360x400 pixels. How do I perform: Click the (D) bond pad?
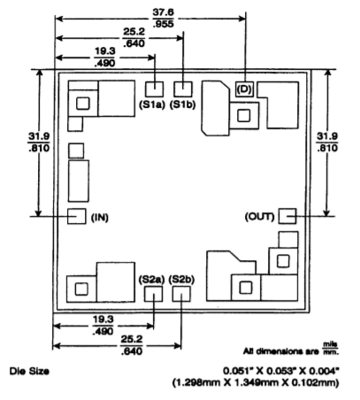pos(244,88)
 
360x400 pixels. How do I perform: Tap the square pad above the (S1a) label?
pos(154,89)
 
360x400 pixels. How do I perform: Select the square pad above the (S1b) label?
pos(183,89)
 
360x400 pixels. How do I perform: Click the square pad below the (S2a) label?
pos(153,294)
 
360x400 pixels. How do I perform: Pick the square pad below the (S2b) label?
pos(181,294)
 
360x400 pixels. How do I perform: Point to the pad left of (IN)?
pos(77,216)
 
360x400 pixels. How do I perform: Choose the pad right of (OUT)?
pos(287,216)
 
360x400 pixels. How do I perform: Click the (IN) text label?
pos(100,218)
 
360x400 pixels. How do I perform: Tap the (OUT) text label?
pos(259,217)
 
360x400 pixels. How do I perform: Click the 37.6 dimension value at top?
pos(164,12)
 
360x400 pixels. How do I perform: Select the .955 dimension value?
pos(164,24)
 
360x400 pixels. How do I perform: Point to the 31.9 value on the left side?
pos(39,136)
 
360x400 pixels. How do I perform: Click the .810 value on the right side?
pos(327,148)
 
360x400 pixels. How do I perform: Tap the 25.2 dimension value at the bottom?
pos(132,339)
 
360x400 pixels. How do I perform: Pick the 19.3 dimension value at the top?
pos(105,51)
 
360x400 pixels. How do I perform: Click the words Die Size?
pos(29,371)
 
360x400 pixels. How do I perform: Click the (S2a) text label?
pos(151,280)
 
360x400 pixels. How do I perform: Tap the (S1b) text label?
pos(183,104)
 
